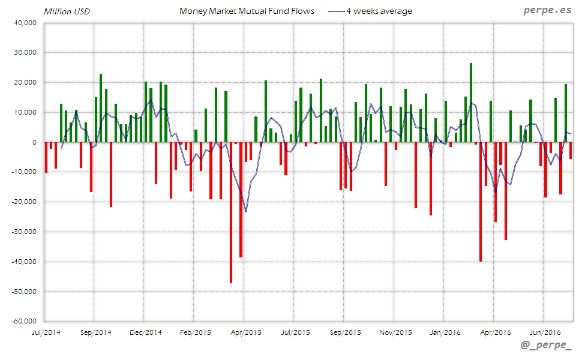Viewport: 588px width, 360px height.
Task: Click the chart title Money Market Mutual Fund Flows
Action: (x=247, y=11)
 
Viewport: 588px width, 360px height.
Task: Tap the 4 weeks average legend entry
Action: (x=379, y=11)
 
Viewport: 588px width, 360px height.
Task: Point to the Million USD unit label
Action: (x=67, y=11)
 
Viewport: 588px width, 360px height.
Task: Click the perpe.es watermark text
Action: (x=547, y=10)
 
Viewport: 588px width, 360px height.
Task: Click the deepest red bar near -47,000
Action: (x=231, y=212)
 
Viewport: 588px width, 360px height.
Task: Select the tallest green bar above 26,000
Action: (x=471, y=103)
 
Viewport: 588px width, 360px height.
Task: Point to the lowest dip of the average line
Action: (x=246, y=211)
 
